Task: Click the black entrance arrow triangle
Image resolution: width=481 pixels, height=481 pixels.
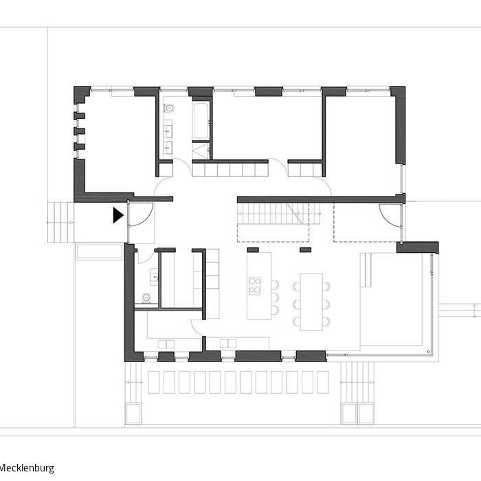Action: [x=118, y=215]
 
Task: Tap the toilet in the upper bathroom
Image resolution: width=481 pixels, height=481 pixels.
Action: [x=168, y=109]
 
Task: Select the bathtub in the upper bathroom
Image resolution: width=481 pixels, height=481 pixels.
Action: [x=201, y=121]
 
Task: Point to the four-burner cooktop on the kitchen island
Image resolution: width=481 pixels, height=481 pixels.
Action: [x=254, y=285]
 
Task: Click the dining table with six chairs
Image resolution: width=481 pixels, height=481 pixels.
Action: [x=311, y=301]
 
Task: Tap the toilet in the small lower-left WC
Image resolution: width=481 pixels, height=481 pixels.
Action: [x=146, y=298]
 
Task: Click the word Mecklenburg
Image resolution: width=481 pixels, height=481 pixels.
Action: [x=27, y=468]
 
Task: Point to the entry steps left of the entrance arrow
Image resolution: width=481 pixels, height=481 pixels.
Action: [x=60, y=222]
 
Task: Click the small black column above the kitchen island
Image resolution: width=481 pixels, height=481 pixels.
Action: [x=253, y=250]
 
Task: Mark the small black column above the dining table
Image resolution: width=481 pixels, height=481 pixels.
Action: [x=305, y=250]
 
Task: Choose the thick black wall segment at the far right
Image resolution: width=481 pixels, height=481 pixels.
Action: [x=417, y=247]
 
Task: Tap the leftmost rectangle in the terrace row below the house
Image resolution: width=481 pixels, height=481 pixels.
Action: [x=153, y=382]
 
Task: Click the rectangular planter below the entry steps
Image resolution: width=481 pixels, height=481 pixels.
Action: [x=99, y=251]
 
